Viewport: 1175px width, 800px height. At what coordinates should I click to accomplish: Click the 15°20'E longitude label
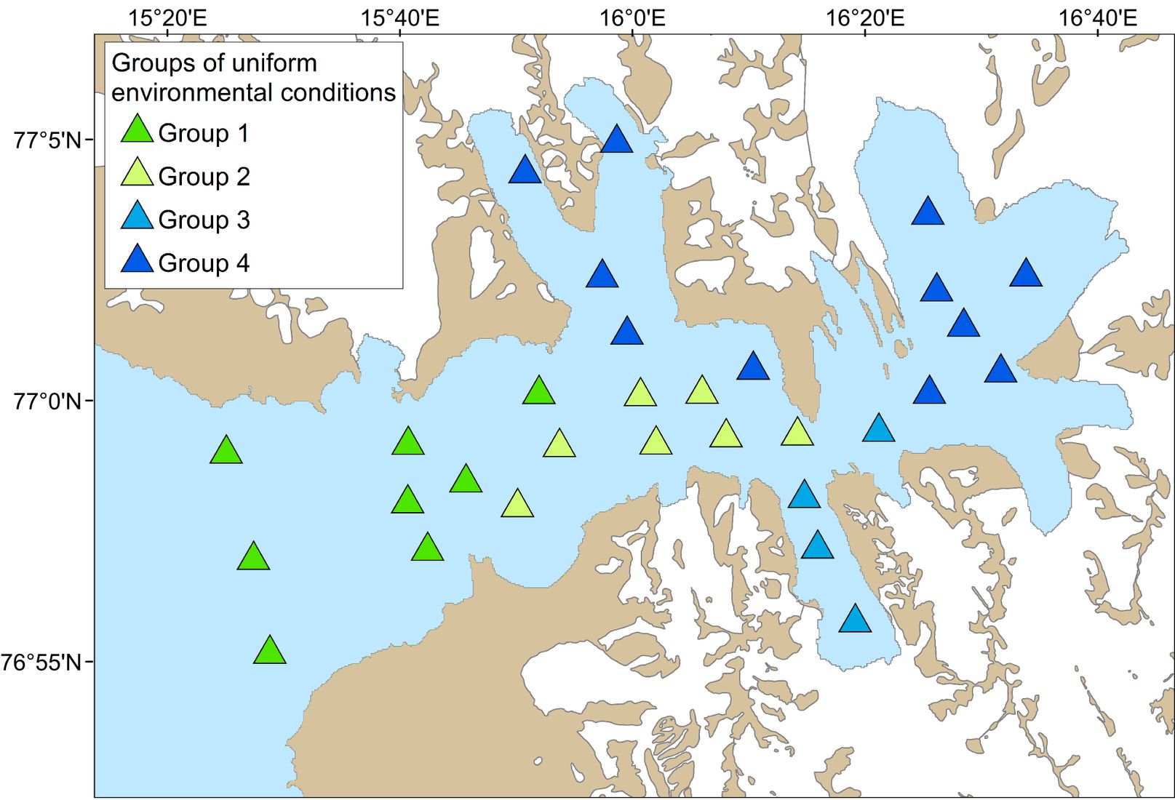(167, 18)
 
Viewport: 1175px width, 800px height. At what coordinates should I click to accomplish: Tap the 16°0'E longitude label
(632, 18)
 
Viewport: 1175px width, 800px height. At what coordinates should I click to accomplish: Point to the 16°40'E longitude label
(1098, 18)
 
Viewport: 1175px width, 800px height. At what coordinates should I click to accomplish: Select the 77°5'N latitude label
(47, 140)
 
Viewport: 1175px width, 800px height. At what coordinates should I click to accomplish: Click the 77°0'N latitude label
(47, 402)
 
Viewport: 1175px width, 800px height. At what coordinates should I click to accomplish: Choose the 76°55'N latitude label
(41, 663)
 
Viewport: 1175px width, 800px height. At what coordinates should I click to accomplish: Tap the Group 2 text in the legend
(204, 177)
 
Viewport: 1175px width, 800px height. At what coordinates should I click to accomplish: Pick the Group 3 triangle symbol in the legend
(137, 216)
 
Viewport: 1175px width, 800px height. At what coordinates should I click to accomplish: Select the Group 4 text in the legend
(204, 263)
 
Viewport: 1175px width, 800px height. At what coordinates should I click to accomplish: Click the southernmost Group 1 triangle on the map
(270, 651)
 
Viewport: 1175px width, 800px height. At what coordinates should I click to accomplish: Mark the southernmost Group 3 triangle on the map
(855, 619)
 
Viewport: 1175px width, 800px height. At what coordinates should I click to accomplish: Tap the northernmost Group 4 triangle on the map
(616, 140)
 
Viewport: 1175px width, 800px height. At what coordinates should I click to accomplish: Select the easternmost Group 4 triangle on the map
(1026, 273)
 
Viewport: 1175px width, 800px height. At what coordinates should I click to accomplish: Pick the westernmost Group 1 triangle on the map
(226, 451)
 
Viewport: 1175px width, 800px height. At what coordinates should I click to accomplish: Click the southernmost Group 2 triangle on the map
(517, 505)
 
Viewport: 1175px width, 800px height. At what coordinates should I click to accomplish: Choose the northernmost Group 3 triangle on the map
(879, 429)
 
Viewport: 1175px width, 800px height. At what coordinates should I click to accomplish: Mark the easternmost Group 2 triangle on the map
(797, 433)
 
